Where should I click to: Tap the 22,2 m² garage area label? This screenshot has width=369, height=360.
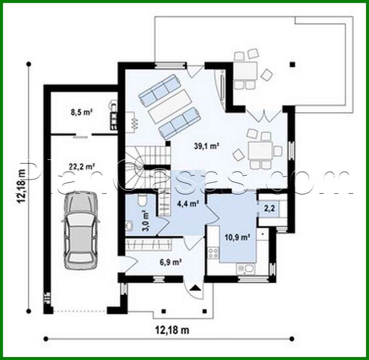82,167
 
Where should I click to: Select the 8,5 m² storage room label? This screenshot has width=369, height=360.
81,112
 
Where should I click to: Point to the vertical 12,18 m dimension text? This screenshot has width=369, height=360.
22,187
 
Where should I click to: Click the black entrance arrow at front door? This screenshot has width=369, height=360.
195,289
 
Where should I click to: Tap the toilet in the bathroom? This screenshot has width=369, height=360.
142,199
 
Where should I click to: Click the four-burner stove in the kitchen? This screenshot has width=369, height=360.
214,253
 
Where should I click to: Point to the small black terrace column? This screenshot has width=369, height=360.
292,65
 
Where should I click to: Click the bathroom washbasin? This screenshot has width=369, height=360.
129,226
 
